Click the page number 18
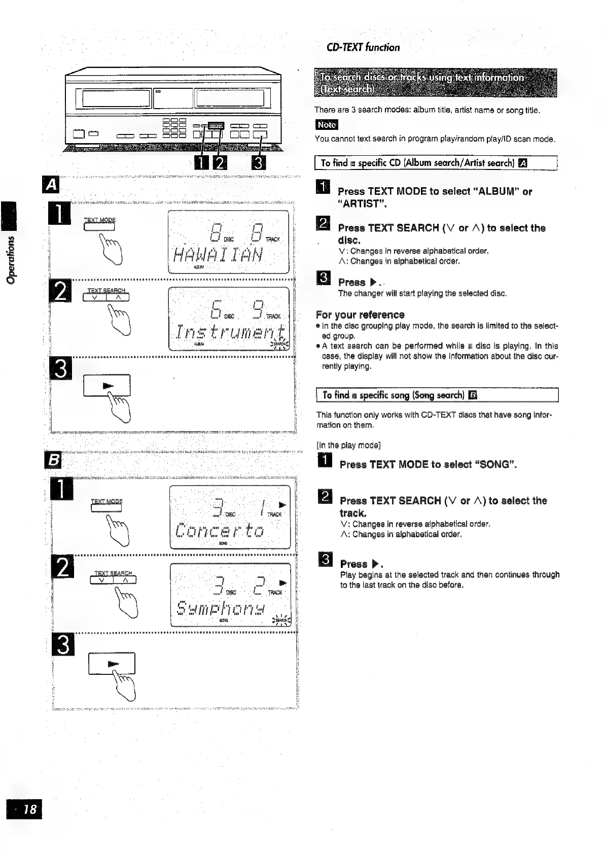click(24, 809)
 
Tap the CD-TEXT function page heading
click(363, 48)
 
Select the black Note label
click(326, 125)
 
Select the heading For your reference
click(360, 315)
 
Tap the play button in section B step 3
click(112, 663)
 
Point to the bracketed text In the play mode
click(348, 446)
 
